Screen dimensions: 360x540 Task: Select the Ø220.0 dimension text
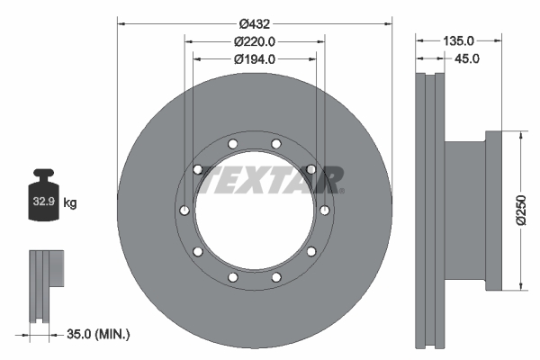click(x=254, y=41)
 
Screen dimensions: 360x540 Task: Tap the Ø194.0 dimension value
click(x=254, y=59)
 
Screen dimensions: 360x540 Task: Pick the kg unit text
click(x=70, y=203)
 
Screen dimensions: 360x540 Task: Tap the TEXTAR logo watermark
click(x=270, y=180)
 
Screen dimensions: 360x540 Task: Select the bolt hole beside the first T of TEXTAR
click(x=198, y=169)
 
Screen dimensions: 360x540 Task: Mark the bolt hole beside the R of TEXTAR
click(x=310, y=169)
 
